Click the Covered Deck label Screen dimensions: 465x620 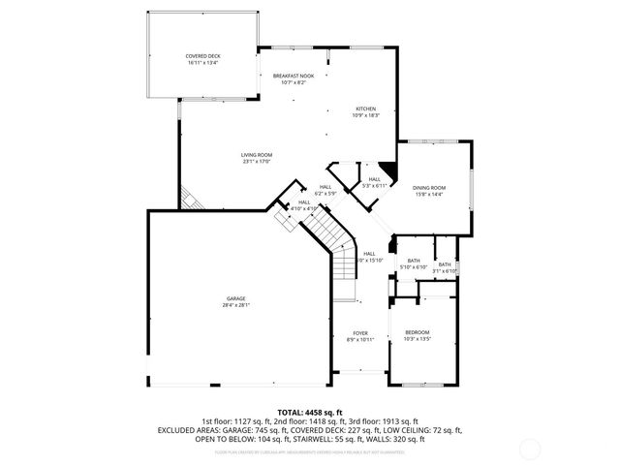pyautogui.click(x=202, y=56)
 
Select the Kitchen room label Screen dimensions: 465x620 pyautogui.click(x=365, y=108)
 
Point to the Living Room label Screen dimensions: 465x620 pyautogui.click(x=257, y=155)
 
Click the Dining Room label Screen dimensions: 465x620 pyautogui.click(x=429, y=187)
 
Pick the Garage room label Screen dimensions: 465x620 pyautogui.click(x=236, y=298)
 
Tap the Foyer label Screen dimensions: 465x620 pyautogui.click(x=360, y=332)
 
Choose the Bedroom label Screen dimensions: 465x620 pyautogui.click(x=417, y=332)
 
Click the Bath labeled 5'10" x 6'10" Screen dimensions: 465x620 pyautogui.click(x=414, y=260)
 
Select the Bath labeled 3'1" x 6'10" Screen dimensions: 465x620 pyautogui.click(x=445, y=264)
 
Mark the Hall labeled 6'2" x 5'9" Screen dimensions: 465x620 pyautogui.click(x=325, y=187)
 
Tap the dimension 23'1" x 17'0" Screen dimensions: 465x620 pyautogui.click(x=257, y=161)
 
